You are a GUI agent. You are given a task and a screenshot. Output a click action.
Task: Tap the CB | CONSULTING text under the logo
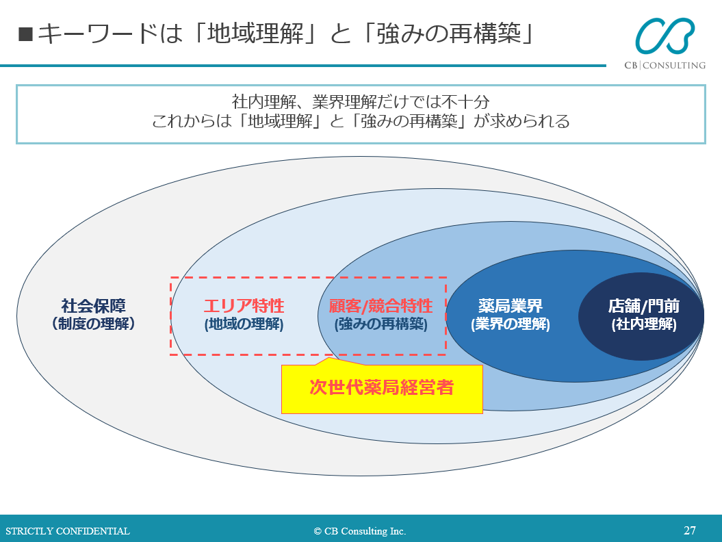(664, 65)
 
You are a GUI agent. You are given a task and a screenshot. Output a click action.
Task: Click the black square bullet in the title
(25, 34)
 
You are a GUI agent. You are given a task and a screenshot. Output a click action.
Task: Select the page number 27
(690, 530)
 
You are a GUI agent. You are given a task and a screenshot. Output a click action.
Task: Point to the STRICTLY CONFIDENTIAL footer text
(68, 531)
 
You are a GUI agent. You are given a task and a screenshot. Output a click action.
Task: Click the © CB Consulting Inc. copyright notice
(360, 531)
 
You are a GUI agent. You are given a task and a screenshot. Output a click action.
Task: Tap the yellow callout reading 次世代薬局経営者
(382, 388)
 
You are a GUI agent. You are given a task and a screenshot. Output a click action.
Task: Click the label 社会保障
(94, 306)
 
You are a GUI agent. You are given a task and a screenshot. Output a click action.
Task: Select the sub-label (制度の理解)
(94, 324)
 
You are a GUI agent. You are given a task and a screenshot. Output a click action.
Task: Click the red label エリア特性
(244, 306)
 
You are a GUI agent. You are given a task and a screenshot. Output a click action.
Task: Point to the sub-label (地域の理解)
(244, 324)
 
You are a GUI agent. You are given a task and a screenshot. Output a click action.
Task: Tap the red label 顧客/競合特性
(381, 306)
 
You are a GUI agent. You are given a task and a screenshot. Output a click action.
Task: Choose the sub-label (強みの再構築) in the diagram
(381, 324)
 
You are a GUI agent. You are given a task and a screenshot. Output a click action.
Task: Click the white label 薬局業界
(510, 306)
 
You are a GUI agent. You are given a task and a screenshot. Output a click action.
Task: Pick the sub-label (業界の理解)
(510, 324)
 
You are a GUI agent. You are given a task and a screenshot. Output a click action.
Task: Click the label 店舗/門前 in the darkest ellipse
(643, 306)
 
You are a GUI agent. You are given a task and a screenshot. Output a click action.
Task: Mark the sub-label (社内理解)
(643, 324)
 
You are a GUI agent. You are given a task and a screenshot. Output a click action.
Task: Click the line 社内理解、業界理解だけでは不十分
(361, 103)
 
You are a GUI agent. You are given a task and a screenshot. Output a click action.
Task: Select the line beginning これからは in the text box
(361, 122)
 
